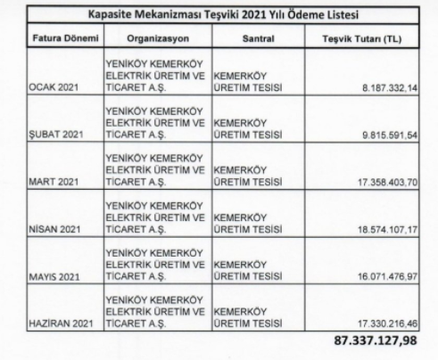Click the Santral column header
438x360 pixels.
click(257, 40)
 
